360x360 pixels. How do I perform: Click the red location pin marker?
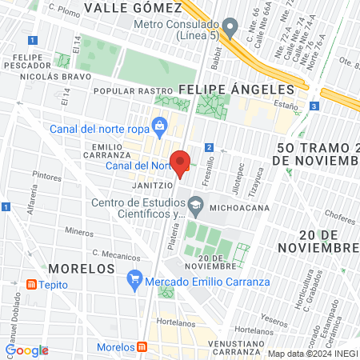click(x=181, y=162)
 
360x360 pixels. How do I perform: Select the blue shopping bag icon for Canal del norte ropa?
click(x=160, y=126)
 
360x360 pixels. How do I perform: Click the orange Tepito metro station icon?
click(x=31, y=284)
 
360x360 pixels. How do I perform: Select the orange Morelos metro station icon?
click(x=142, y=347)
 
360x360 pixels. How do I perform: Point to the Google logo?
click(x=27, y=350)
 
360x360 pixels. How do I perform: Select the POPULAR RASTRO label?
click(x=122, y=92)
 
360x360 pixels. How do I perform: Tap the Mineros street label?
click(x=80, y=231)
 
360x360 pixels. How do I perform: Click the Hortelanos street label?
click(x=176, y=325)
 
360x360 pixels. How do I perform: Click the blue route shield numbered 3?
click(x=314, y=106)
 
